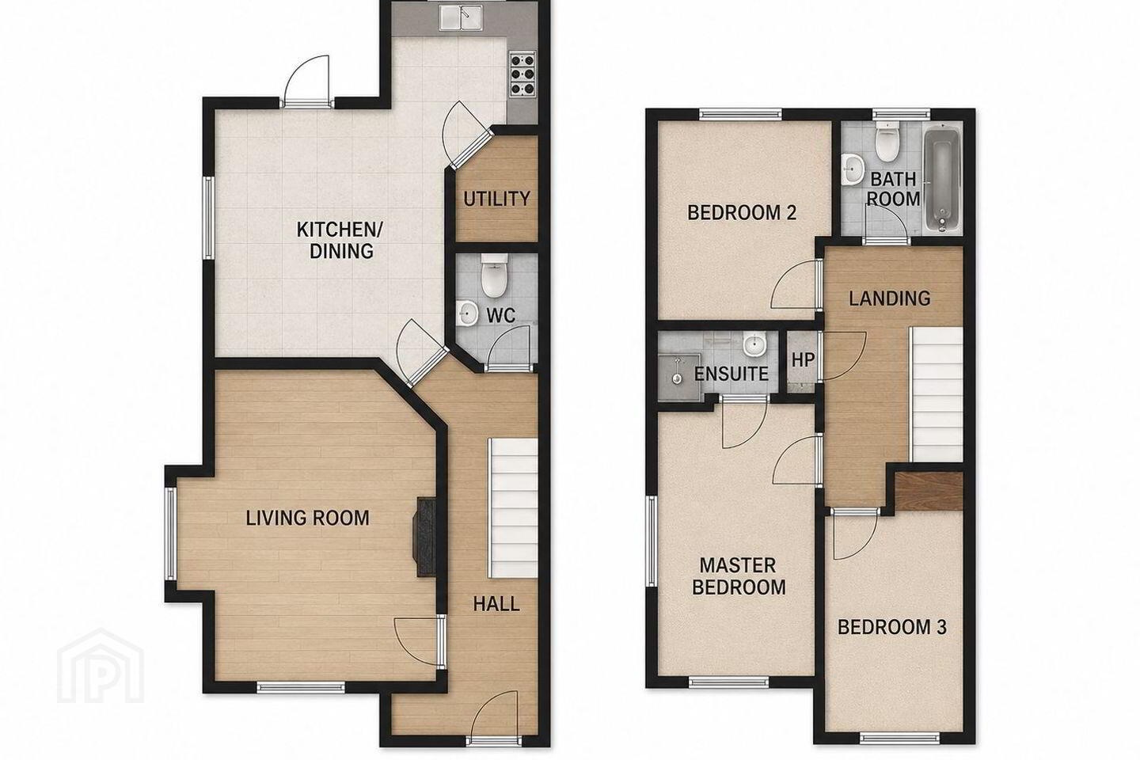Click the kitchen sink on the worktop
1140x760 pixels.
click(x=461, y=19)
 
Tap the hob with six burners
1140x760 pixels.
click(x=522, y=75)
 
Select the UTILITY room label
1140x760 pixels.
click(x=496, y=199)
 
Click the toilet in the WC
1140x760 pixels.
click(x=494, y=276)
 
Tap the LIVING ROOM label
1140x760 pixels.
click(x=307, y=519)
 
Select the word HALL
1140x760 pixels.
click(x=496, y=604)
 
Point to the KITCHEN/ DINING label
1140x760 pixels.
click(x=340, y=240)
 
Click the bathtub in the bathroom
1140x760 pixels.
click(x=940, y=177)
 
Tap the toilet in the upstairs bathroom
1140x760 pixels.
click(x=887, y=141)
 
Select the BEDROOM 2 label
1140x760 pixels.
click(x=742, y=212)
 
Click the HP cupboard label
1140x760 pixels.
click(x=803, y=360)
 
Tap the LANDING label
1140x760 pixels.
click(x=889, y=298)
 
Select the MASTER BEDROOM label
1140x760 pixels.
click(x=739, y=576)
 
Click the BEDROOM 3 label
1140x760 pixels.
click(x=891, y=627)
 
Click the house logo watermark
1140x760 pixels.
click(x=101, y=666)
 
